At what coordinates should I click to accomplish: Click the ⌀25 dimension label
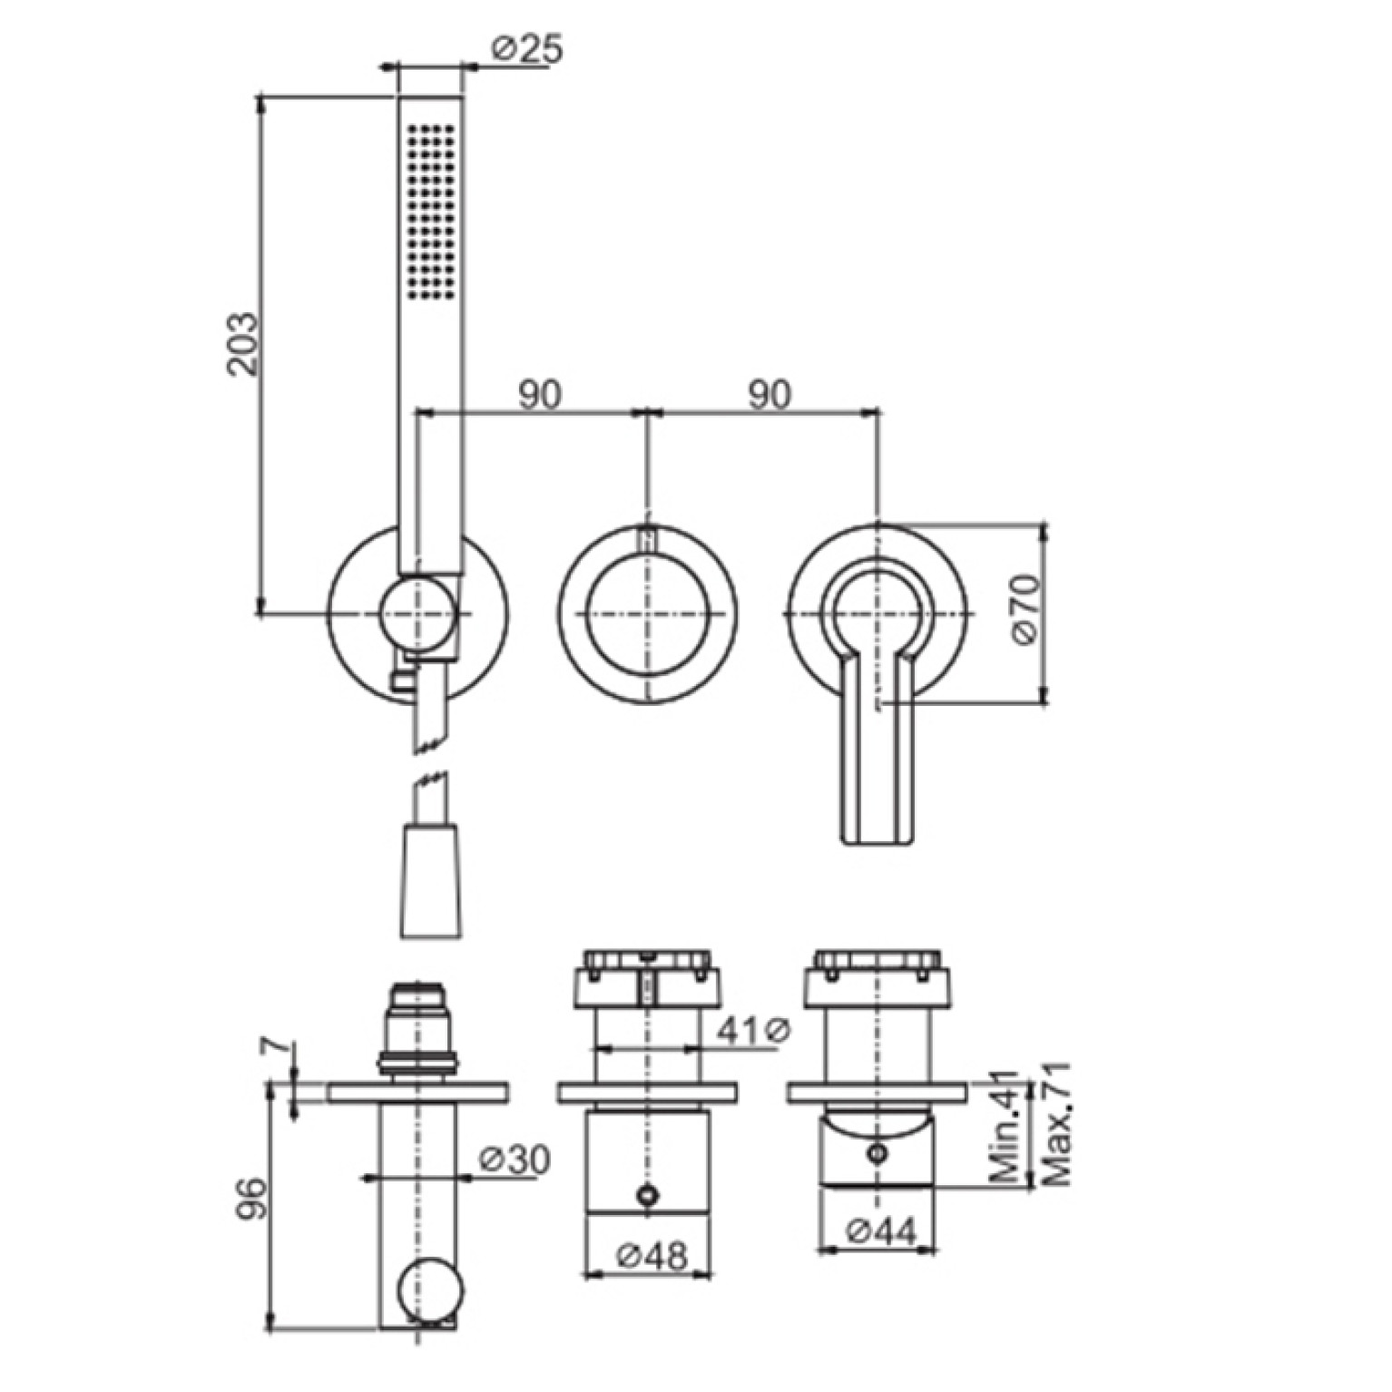pos(526,47)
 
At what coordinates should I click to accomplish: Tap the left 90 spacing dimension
pos(539,395)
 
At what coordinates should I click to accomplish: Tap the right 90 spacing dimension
pos(770,395)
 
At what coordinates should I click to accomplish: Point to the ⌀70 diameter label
pos(1025,609)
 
